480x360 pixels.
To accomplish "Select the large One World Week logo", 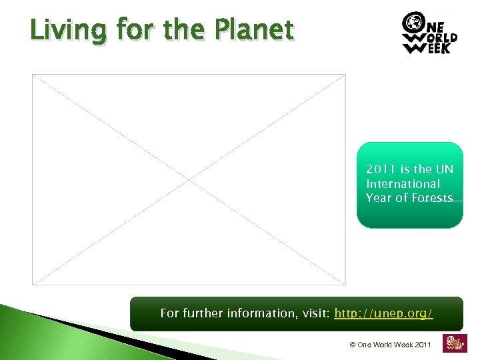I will pyautogui.click(x=429, y=33).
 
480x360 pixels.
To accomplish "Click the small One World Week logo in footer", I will pyautogui.click(x=455, y=342).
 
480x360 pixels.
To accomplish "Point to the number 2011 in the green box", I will pyautogui.click(x=381, y=169).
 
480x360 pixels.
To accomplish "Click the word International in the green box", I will pyautogui.click(x=403, y=184).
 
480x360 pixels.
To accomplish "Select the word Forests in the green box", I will pyautogui.click(x=432, y=198).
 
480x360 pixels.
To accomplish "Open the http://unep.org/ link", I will pyautogui.click(x=383, y=313).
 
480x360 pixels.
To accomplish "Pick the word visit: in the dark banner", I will pyautogui.click(x=313, y=313).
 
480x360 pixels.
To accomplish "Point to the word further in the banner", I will pyautogui.click(x=202, y=313).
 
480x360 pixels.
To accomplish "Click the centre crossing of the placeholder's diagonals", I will pyautogui.click(x=189, y=179).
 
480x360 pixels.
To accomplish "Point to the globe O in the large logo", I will pyautogui.click(x=412, y=22).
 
